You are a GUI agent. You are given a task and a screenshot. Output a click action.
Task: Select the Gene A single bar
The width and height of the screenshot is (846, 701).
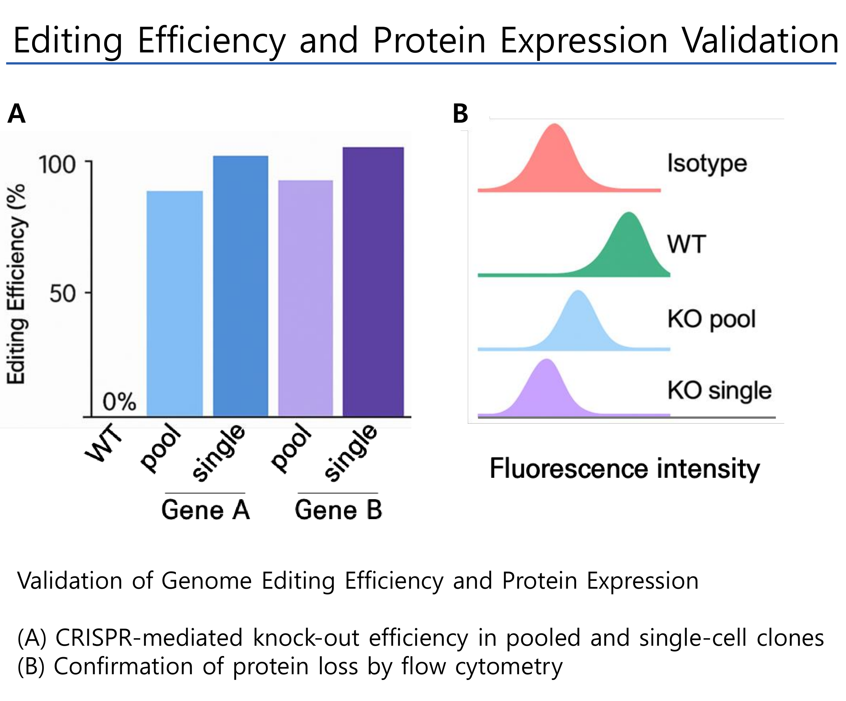tap(240, 286)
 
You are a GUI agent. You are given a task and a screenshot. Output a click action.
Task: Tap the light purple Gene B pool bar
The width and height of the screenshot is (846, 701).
tap(305, 298)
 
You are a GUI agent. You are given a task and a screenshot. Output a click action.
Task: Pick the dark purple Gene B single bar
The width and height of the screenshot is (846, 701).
tap(373, 282)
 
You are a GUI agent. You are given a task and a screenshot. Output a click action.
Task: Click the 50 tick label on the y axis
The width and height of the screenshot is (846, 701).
tap(62, 293)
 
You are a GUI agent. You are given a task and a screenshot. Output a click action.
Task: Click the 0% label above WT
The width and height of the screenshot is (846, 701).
tap(119, 401)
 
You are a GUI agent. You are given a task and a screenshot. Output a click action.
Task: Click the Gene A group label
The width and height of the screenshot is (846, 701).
tap(206, 510)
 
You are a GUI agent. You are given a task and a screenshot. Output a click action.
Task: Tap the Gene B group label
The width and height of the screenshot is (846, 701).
tap(338, 510)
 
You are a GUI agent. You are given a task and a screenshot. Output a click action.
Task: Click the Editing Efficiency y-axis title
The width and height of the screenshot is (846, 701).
tap(16, 284)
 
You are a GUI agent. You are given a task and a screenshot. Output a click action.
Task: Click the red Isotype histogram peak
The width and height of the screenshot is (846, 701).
tap(556, 161)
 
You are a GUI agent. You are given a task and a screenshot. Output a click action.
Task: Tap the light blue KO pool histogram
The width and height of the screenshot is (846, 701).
tap(578, 322)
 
